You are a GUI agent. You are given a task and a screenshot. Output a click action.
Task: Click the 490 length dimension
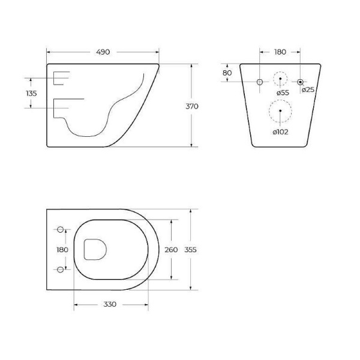[x=103, y=52]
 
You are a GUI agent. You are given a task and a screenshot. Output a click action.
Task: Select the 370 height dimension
[x=192, y=106]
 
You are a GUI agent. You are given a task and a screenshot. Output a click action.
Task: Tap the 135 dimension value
[x=32, y=93]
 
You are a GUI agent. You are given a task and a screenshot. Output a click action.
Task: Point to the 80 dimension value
[x=227, y=73]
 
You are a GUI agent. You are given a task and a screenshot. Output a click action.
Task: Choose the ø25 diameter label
[x=308, y=90]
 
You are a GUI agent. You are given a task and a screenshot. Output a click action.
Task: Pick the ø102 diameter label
[x=280, y=132]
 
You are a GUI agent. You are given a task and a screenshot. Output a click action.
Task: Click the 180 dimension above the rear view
[x=280, y=52]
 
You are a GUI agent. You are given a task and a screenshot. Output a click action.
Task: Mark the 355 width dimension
[x=191, y=250]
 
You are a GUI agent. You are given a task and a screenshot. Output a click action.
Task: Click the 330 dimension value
[x=109, y=304]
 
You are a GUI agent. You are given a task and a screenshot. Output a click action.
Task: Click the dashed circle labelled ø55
[x=280, y=80]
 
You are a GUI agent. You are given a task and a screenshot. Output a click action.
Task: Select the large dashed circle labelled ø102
[x=280, y=111]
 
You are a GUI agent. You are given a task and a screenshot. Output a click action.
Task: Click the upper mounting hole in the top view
[x=60, y=230]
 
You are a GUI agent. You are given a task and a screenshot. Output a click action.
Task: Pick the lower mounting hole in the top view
[x=60, y=268]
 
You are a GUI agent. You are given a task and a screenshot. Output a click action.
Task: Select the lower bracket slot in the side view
[x=62, y=107]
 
